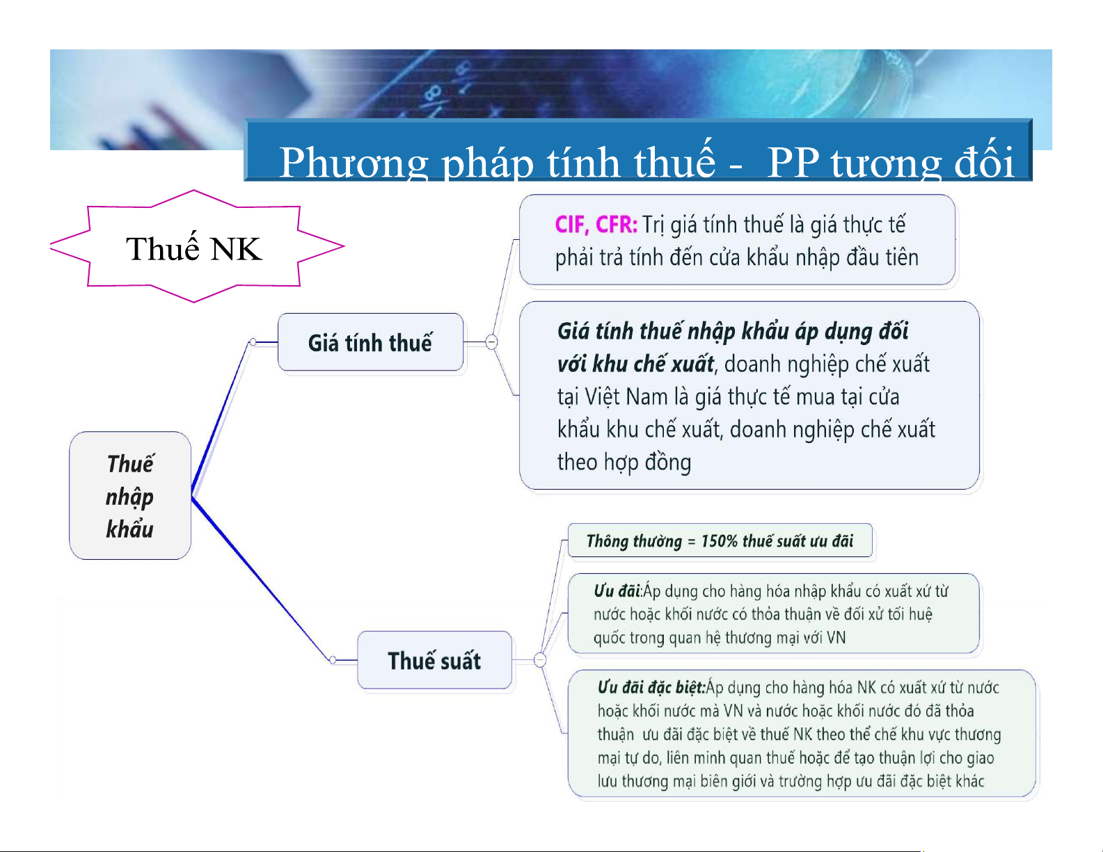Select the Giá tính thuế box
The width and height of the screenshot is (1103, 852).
(x=370, y=342)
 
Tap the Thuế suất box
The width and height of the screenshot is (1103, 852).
(x=434, y=660)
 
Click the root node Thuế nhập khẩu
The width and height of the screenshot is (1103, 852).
(x=130, y=495)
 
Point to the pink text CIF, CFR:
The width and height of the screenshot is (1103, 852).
(x=596, y=225)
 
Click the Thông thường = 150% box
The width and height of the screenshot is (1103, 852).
(x=720, y=540)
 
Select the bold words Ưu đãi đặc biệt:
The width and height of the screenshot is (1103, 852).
(x=651, y=688)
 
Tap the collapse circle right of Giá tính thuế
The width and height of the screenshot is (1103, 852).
(x=491, y=341)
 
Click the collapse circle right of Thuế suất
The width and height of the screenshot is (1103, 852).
(x=540, y=660)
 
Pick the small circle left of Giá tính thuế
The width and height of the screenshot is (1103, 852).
(x=253, y=341)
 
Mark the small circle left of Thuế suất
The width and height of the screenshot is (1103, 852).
(x=333, y=660)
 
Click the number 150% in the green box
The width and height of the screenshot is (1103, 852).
(x=720, y=541)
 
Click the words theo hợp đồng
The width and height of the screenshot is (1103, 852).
(x=624, y=463)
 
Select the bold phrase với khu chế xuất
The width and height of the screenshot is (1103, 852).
(x=635, y=364)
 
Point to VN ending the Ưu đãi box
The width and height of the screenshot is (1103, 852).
(x=836, y=638)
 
